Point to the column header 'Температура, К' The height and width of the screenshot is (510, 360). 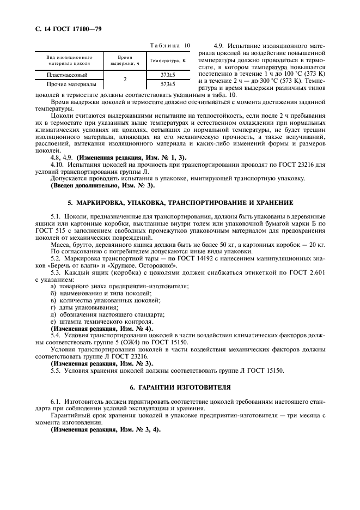[x=168, y=60]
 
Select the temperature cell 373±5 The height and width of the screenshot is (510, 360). [x=168, y=75]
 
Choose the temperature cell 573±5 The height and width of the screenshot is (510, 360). [x=168, y=84]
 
